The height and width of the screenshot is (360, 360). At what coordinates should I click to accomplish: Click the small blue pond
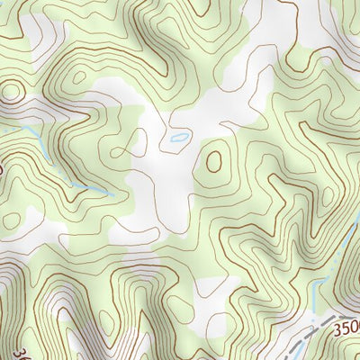179,139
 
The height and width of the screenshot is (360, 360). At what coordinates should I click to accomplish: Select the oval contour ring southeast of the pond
214,160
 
